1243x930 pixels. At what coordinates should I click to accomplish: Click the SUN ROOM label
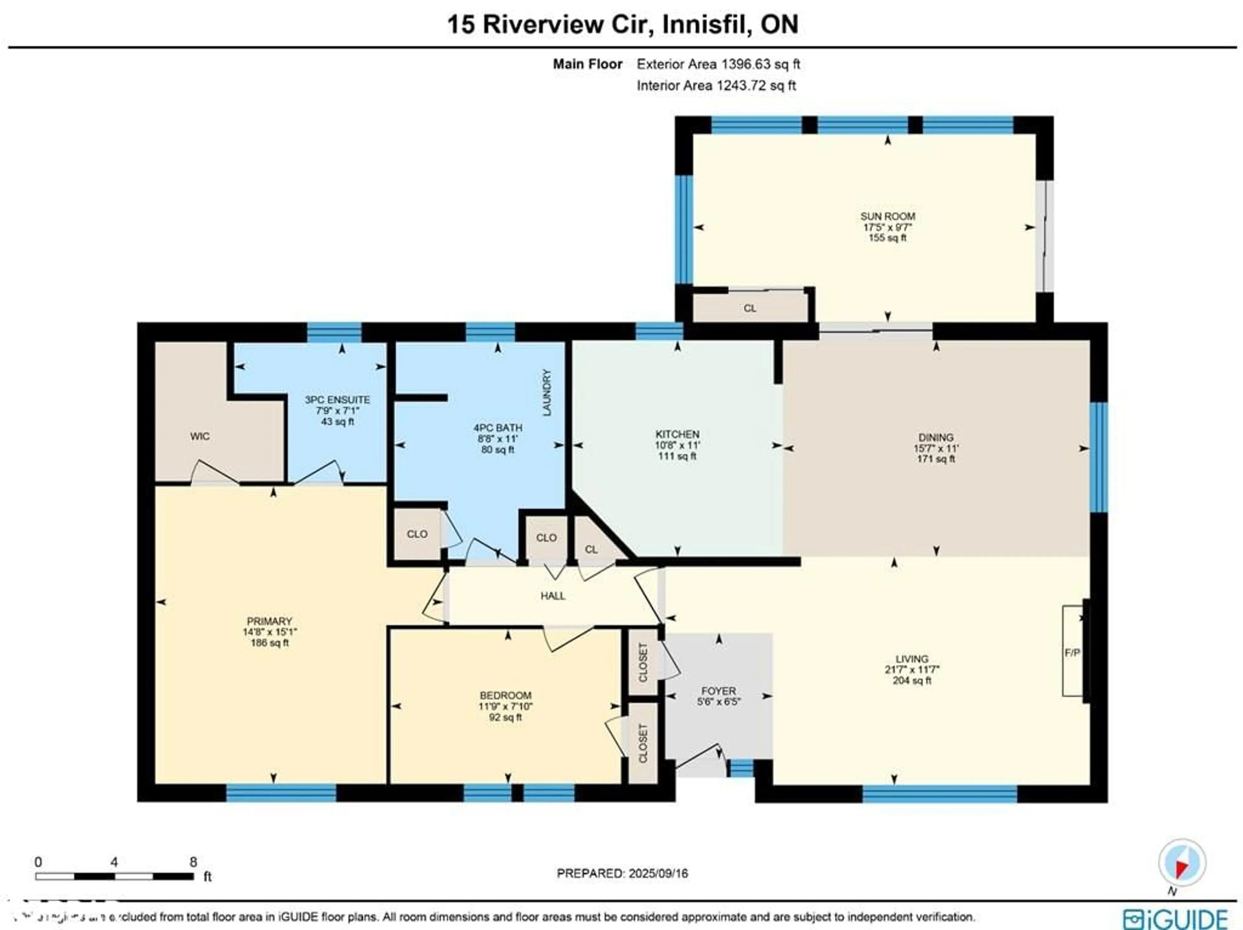887,216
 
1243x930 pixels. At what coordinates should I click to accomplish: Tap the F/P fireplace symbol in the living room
1072,652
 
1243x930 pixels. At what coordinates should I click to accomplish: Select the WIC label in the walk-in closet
200,436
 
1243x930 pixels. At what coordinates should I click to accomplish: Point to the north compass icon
1182,863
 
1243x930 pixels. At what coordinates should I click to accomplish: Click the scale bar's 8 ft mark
193,862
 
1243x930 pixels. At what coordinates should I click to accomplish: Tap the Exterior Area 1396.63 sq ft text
718,64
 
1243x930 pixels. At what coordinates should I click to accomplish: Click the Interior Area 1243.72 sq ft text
716,85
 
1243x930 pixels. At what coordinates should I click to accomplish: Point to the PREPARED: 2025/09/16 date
622,873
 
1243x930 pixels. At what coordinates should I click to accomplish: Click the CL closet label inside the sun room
750,308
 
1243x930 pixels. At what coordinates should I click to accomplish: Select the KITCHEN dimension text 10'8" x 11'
677,445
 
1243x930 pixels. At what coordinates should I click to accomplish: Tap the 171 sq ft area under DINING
935,459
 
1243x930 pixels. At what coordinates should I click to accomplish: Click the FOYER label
718,690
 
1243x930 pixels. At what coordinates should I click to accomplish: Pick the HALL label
553,596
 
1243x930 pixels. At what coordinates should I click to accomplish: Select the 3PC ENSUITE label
337,399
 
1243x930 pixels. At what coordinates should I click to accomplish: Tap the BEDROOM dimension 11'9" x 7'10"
505,706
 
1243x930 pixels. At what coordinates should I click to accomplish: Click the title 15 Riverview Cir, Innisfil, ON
622,24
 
